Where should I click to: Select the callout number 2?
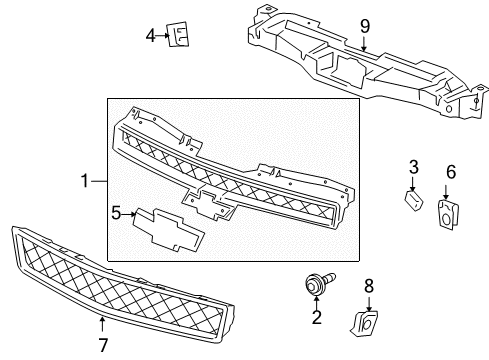[x=317, y=319]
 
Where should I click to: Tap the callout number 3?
[x=411, y=165]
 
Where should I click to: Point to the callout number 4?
[x=150, y=36]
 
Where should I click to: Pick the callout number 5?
[x=116, y=212]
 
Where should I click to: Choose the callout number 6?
[x=450, y=171]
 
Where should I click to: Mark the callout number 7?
[x=102, y=345]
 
